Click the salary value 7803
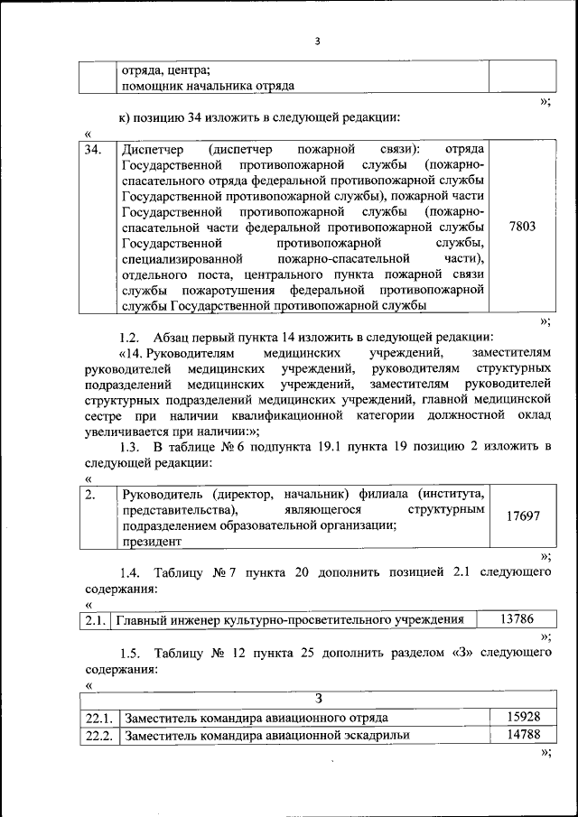[x=523, y=227]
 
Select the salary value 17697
[x=523, y=516]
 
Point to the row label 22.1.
[x=98, y=718]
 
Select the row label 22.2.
[x=98, y=736]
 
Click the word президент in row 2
[x=153, y=542]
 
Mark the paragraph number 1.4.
[x=132, y=572]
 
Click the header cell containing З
[x=318, y=697]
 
